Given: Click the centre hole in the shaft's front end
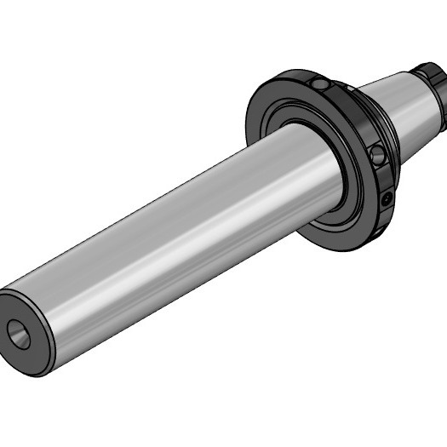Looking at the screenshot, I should pos(19,334).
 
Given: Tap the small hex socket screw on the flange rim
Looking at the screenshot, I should pos(388,198).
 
